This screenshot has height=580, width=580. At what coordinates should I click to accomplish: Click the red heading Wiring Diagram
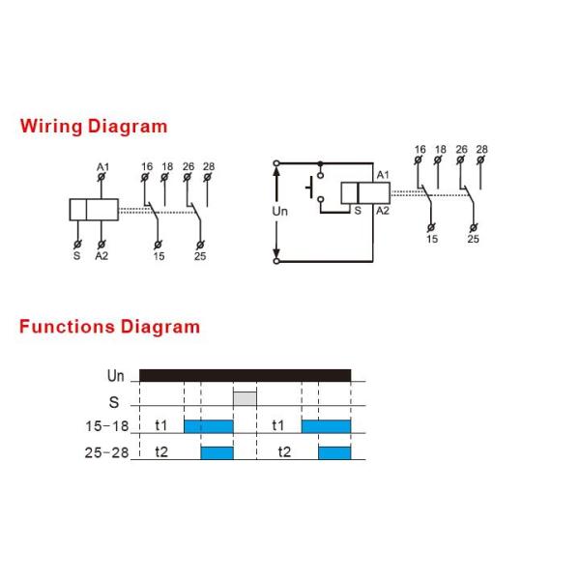[94, 127]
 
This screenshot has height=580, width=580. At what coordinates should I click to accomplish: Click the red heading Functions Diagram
[109, 327]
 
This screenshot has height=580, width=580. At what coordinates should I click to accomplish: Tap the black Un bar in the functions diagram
[245, 375]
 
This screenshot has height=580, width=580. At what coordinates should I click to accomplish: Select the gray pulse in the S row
[246, 398]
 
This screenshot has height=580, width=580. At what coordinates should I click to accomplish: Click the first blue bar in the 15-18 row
[209, 425]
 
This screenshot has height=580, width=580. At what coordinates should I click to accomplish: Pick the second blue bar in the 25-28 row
[334, 451]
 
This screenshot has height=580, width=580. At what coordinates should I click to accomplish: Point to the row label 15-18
[106, 425]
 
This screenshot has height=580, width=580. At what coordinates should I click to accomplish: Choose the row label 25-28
[106, 451]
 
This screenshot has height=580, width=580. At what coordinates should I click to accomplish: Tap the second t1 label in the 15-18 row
[278, 425]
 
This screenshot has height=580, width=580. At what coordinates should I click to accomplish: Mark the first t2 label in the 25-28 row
[161, 451]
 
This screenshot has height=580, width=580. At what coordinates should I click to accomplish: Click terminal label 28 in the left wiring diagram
[209, 166]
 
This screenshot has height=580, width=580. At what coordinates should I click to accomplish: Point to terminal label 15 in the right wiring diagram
[432, 239]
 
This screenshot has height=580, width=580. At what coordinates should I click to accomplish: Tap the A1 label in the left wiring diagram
[102, 167]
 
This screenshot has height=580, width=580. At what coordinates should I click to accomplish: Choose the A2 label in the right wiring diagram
[383, 210]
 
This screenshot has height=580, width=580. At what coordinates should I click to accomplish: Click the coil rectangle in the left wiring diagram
[94, 209]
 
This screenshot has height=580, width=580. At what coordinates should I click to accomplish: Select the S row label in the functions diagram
[114, 399]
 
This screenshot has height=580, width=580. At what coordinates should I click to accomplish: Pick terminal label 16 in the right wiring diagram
[420, 150]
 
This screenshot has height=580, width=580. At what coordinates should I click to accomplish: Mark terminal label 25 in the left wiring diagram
[199, 255]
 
